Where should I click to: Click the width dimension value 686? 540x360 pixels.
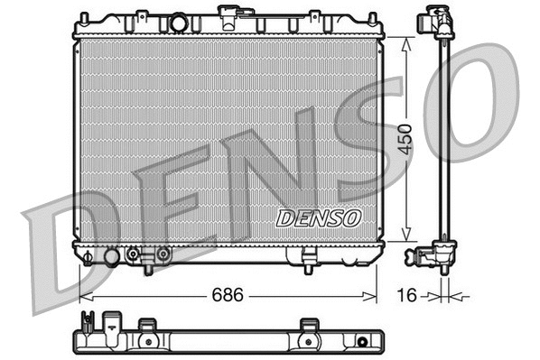pyautogui.click(x=228, y=295)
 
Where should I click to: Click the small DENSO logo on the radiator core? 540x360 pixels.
pyautogui.click(x=318, y=217)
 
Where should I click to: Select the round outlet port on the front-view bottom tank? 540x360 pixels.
pyautogui.click(x=112, y=257)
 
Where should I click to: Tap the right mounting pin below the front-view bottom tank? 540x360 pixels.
pyautogui.click(x=308, y=268)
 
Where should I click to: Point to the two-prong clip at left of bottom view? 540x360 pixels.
pyautogui.click(x=88, y=321)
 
